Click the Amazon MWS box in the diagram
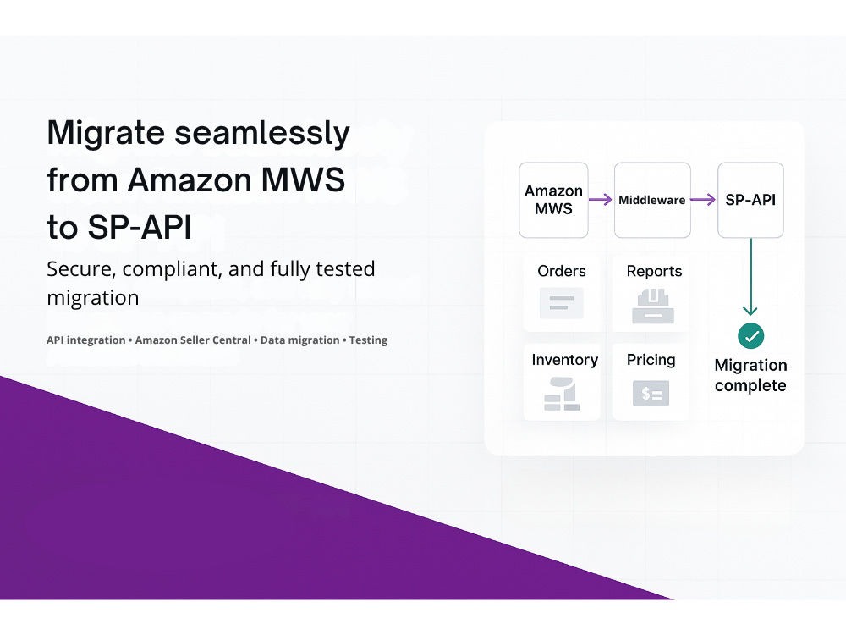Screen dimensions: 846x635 pyautogui.click(x=553, y=200)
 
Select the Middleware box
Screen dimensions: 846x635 pyautogui.click(x=652, y=200)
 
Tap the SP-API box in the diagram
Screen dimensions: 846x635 pyautogui.click(x=750, y=200)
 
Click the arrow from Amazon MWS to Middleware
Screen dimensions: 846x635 pyautogui.click(x=600, y=200)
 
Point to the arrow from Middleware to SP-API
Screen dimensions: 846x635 pyautogui.click(x=703, y=200)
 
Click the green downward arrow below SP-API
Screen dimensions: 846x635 pyautogui.click(x=750, y=277)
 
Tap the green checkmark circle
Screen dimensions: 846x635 pyautogui.click(x=750, y=336)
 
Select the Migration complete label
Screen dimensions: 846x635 pyautogui.click(x=750, y=375)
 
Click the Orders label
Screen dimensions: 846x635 pyautogui.click(x=562, y=271)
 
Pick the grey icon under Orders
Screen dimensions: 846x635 pyautogui.click(x=562, y=303)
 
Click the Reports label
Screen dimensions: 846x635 pyautogui.click(x=654, y=271)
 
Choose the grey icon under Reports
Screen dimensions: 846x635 pyautogui.click(x=653, y=306)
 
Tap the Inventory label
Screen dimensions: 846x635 pyautogui.click(x=565, y=360)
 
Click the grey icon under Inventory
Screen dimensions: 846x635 pyautogui.click(x=562, y=395)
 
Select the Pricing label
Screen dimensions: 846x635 pyautogui.click(x=651, y=360)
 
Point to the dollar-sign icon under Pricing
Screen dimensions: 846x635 pyautogui.click(x=651, y=394)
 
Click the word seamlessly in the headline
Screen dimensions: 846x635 pyautogui.click(x=262, y=133)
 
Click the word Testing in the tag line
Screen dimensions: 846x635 pyautogui.click(x=368, y=340)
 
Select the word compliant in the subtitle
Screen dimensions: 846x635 pyautogui.click(x=172, y=269)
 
